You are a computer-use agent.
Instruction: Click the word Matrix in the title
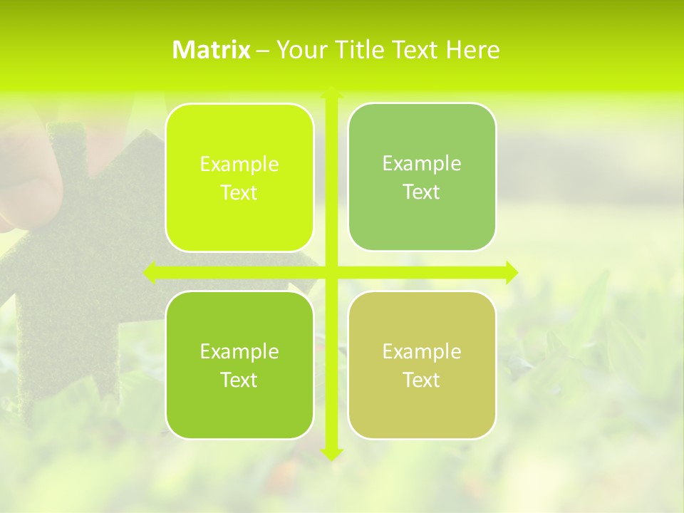211,50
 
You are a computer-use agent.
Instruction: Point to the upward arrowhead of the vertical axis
331,93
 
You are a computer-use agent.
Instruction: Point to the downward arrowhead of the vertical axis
331,453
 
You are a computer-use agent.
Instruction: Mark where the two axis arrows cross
331,272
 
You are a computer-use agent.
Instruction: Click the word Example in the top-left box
239,165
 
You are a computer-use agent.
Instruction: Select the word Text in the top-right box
422,192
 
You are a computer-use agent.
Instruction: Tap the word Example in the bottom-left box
239,351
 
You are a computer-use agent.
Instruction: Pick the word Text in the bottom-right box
422,380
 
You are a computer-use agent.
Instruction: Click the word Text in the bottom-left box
239,380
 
